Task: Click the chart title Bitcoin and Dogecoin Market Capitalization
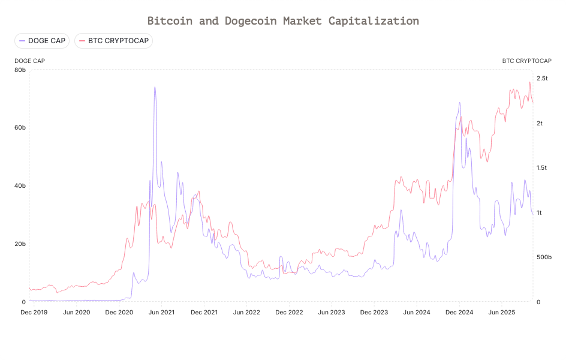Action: [283, 20]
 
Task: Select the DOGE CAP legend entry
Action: [42, 41]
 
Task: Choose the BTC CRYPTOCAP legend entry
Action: [114, 41]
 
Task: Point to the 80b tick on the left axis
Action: [20, 70]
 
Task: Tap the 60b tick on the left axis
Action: [20, 128]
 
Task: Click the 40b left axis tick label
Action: [20, 186]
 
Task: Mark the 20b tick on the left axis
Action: [20, 244]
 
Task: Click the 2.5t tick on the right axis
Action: [542, 79]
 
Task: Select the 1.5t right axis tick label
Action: [542, 168]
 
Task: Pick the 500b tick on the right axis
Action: [544, 257]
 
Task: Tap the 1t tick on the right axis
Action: [539, 213]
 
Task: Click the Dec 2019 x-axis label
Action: [34, 313]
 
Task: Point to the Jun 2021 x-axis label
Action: [161, 313]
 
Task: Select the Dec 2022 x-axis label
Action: [289, 313]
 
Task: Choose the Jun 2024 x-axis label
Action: [417, 313]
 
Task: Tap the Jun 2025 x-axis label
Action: [502, 313]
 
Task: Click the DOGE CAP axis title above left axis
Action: [29, 61]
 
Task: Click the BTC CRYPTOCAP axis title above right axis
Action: [526, 61]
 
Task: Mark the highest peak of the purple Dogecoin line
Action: [155, 87]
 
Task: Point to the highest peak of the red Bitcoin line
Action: [529, 82]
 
